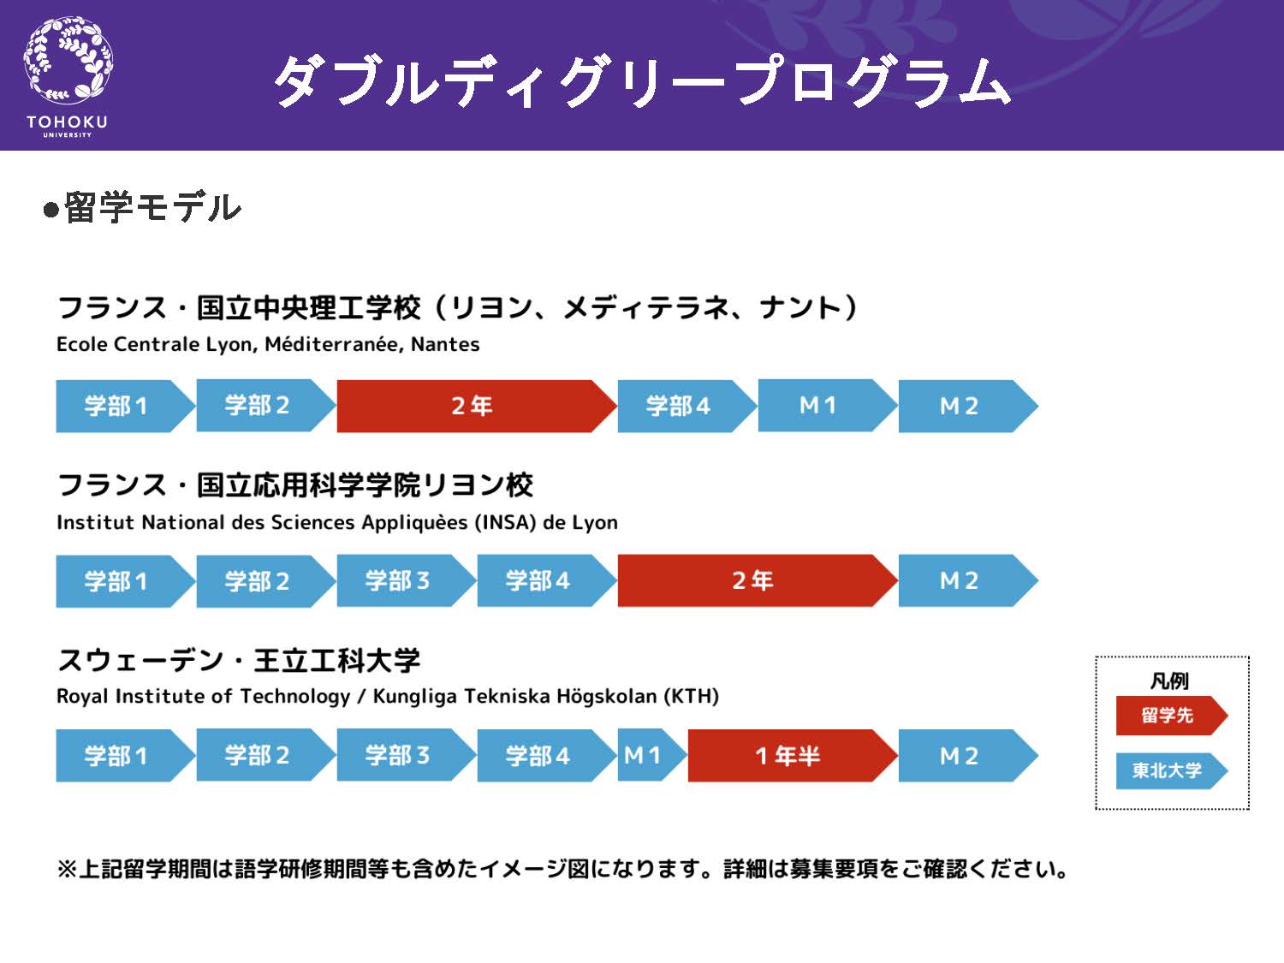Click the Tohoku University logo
(x=68, y=76)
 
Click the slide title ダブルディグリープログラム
(x=642, y=81)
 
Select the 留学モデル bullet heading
(x=142, y=207)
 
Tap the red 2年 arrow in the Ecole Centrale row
(x=477, y=406)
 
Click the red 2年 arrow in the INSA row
(x=758, y=580)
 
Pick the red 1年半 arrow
(x=793, y=756)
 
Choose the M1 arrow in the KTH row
(x=652, y=756)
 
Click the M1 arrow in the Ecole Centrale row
(x=828, y=406)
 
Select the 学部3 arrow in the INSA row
(x=407, y=580)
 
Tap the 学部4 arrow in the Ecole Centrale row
(x=687, y=406)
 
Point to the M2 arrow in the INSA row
(x=968, y=580)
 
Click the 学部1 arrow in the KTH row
(x=126, y=756)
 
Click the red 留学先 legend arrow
(x=1172, y=715)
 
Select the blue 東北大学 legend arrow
(x=1172, y=770)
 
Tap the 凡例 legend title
(x=1169, y=681)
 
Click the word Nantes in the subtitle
(x=445, y=344)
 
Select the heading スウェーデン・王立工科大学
(x=239, y=661)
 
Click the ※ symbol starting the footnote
(x=67, y=869)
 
